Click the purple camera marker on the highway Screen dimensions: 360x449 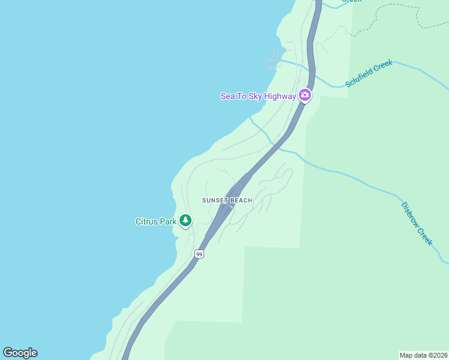point(305,95)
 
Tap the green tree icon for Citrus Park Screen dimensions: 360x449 point(185,221)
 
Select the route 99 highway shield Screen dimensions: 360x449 point(199,254)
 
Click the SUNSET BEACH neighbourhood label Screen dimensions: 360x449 point(227,200)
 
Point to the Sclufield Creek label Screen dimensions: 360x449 point(369,73)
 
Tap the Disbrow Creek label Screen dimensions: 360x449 point(417,223)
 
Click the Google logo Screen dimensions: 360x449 point(20,353)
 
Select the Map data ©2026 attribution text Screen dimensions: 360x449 point(423,355)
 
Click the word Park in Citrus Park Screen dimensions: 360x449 point(168,221)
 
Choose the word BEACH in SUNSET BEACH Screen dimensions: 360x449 point(241,200)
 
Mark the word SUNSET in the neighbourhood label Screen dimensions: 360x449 point(215,200)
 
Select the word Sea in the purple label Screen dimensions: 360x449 point(228,96)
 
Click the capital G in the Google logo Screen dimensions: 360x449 point(8,353)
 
